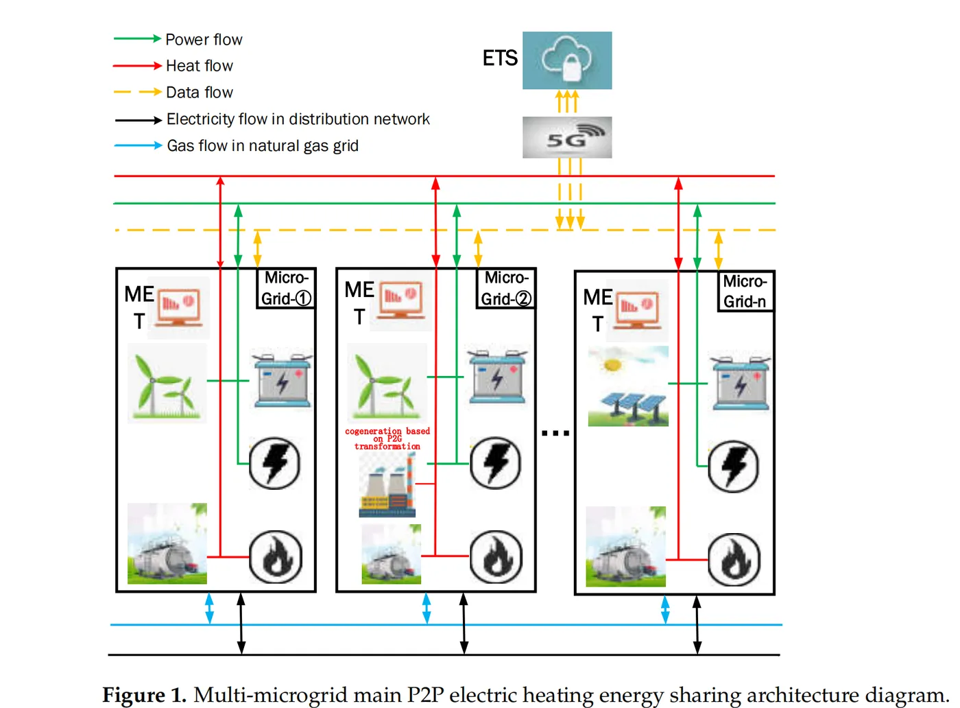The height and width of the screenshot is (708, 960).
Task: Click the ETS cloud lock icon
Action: [x=567, y=60]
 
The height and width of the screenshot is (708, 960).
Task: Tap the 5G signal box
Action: [x=567, y=137]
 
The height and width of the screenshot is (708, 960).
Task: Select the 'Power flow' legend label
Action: [x=204, y=40]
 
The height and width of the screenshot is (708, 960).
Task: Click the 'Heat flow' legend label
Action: [x=200, y=66]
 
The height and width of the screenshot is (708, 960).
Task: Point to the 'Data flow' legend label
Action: [x=200, y=93]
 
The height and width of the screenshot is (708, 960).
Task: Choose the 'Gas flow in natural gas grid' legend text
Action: [x=263, y=146]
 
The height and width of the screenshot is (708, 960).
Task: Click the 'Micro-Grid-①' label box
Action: [x=286, y=288]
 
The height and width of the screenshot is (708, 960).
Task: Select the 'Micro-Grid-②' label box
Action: [x=505, y=288]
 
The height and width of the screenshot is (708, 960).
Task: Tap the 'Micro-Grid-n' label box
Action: [x=745, y=292]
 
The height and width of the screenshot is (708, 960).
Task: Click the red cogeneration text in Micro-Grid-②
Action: [x=387, y=438]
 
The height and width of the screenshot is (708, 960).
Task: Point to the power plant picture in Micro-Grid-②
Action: [x=387, y=486]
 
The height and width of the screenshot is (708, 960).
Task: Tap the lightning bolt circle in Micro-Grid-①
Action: [x=275, y=464]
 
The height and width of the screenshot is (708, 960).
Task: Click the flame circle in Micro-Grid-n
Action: [x=734, y=560]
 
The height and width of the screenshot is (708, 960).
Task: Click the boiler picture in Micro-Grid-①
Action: [x=167, y=544]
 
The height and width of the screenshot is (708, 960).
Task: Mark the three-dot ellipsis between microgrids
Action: [x=555, y=433]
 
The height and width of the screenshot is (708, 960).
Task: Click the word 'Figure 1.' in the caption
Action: [x=144, y=695]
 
